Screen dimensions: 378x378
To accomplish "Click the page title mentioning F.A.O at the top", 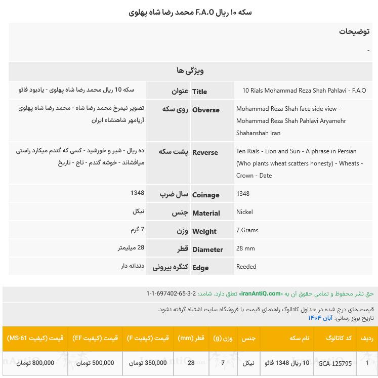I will (190, 12).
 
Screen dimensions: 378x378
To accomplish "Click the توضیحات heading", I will (354, 31).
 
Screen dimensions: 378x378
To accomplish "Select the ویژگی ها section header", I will (190, 71).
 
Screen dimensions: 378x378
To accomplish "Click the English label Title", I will (199, 92).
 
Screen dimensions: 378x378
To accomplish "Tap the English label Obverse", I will (205, 110).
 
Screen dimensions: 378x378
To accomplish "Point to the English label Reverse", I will (205, 152).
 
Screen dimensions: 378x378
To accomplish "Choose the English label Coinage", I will (205, 195).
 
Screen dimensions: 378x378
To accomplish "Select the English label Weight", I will (204, 231).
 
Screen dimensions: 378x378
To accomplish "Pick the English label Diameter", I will (207, 249).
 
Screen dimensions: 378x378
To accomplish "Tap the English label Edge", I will (200, 268).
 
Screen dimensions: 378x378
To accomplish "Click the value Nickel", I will (244, 212).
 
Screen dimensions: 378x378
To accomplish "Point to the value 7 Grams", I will (247, 230).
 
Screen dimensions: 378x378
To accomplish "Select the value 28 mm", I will (245, 248).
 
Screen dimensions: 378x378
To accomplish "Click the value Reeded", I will (246, 267).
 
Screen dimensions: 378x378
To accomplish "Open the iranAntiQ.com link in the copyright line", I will (261, 293).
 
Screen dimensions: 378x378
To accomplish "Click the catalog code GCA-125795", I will (335, 363).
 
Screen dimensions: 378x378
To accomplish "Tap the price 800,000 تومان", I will (35, 363).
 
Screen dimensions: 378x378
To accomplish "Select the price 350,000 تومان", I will (148, 363).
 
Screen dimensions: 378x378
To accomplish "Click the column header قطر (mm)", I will (191, 338).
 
